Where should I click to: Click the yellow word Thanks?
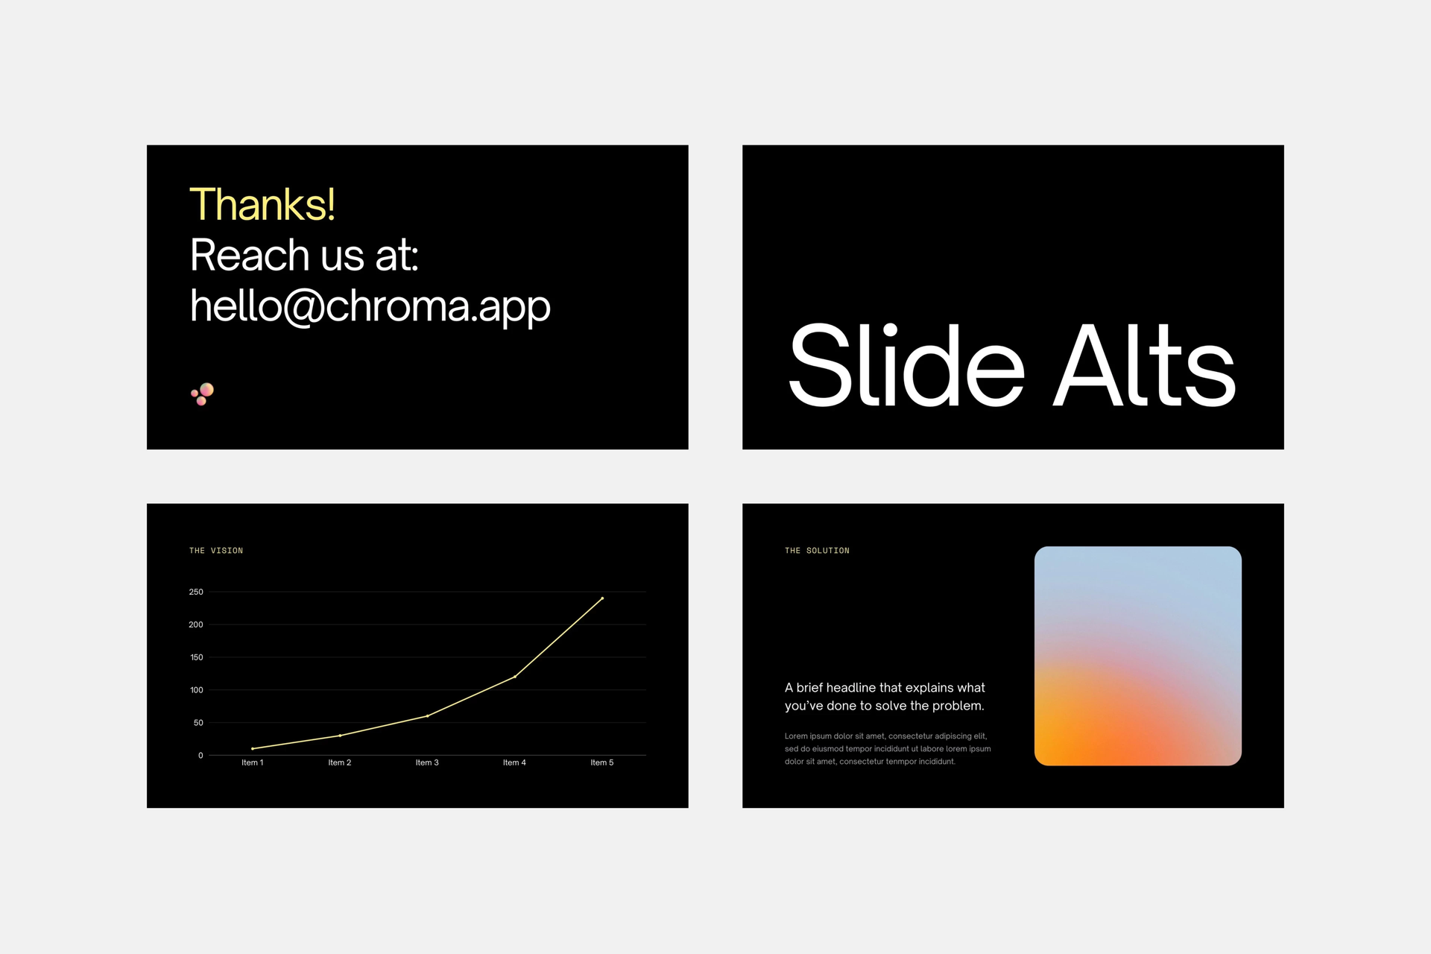click(262, 204)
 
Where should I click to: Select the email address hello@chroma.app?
click(370, 306)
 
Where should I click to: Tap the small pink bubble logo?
click(203, 394)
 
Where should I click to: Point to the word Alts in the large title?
click(1144, 365)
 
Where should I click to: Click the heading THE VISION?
click(216, 551)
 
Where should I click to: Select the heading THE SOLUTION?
click(817, 551)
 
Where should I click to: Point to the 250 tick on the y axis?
click(196, 592)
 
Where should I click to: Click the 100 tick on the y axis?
click(197, 690)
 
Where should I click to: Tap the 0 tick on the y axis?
click(200, 756)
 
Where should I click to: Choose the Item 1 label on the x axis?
click(253, 762)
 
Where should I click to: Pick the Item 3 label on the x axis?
click(427, 762)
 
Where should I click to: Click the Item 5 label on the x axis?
click(602, 762)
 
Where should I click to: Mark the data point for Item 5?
click(602, 598)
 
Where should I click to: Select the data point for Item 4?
click(515, 677)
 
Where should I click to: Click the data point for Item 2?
click(340, 736)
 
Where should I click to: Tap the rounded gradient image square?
click(1138, 656)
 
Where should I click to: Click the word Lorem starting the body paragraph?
click(796, 736)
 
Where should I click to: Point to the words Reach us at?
click(304, 255)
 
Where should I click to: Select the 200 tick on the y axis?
click(196, 625)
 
